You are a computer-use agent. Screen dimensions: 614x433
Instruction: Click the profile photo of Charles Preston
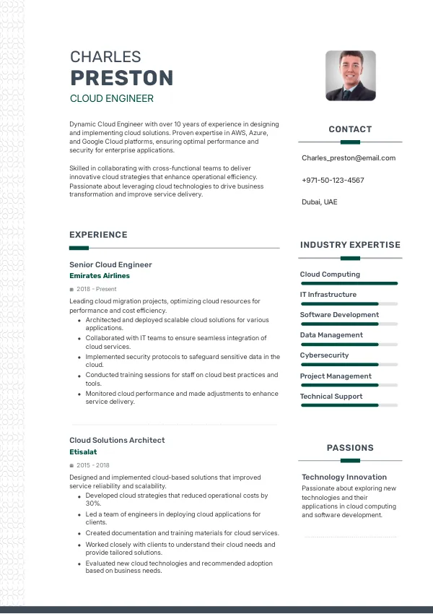tap(350, 75)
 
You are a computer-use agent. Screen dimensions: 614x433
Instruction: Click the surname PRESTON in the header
tap(121, 78)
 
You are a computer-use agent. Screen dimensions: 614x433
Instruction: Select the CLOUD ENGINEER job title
tap(111, 98)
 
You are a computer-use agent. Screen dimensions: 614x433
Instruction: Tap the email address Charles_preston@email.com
tap(349, 157)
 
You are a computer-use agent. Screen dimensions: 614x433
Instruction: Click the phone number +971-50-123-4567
tap(333, 180)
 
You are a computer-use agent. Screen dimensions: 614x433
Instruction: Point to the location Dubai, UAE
tap(319, 202)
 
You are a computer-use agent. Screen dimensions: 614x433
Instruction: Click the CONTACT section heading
tap(350, 129)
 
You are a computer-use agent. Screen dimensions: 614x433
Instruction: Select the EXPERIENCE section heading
tap(98, 235)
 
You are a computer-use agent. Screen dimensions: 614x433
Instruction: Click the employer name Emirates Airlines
tap(100, 276)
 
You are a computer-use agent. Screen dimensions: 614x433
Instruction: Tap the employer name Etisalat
tap(83, 451)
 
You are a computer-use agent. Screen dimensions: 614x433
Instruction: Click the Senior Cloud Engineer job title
tap(110, 264)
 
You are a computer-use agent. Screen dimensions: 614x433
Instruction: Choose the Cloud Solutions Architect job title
tap(117, 440)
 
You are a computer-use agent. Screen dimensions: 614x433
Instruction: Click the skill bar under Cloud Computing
tap(349, 283)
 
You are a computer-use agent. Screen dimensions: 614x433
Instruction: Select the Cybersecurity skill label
tap(324, 355)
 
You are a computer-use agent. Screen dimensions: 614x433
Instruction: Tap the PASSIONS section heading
tap(350, 448)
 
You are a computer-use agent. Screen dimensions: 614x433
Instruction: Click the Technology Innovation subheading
tap(344, 477)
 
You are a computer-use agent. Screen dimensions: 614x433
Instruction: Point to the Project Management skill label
tap(336, 376)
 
